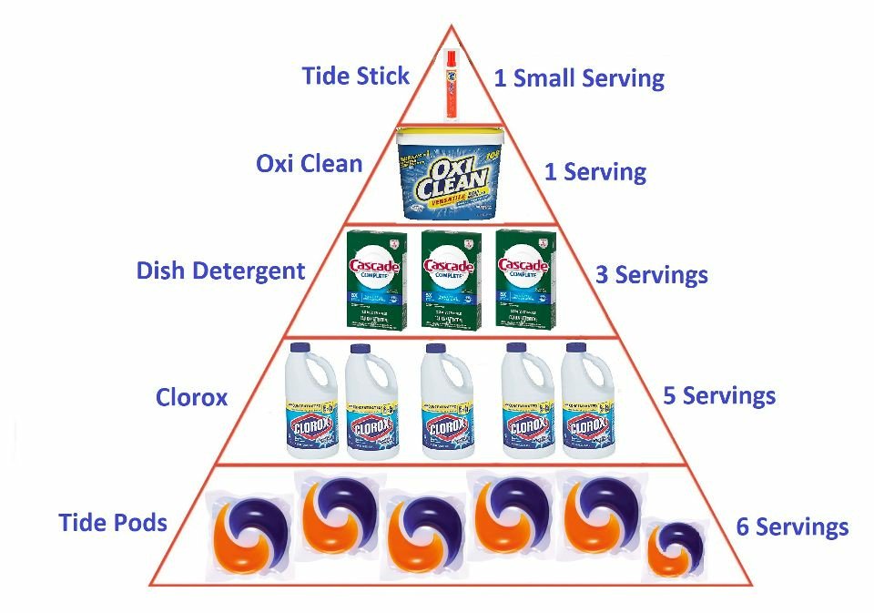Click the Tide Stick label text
356,76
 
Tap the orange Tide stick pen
451,85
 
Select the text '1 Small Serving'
578,78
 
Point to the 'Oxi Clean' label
309,165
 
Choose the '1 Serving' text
595,171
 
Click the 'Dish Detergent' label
220,271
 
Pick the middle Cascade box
450,278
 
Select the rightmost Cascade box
524,278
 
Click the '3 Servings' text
651,274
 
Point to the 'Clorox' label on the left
191,397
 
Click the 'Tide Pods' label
113,523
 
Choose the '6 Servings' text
792,526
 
